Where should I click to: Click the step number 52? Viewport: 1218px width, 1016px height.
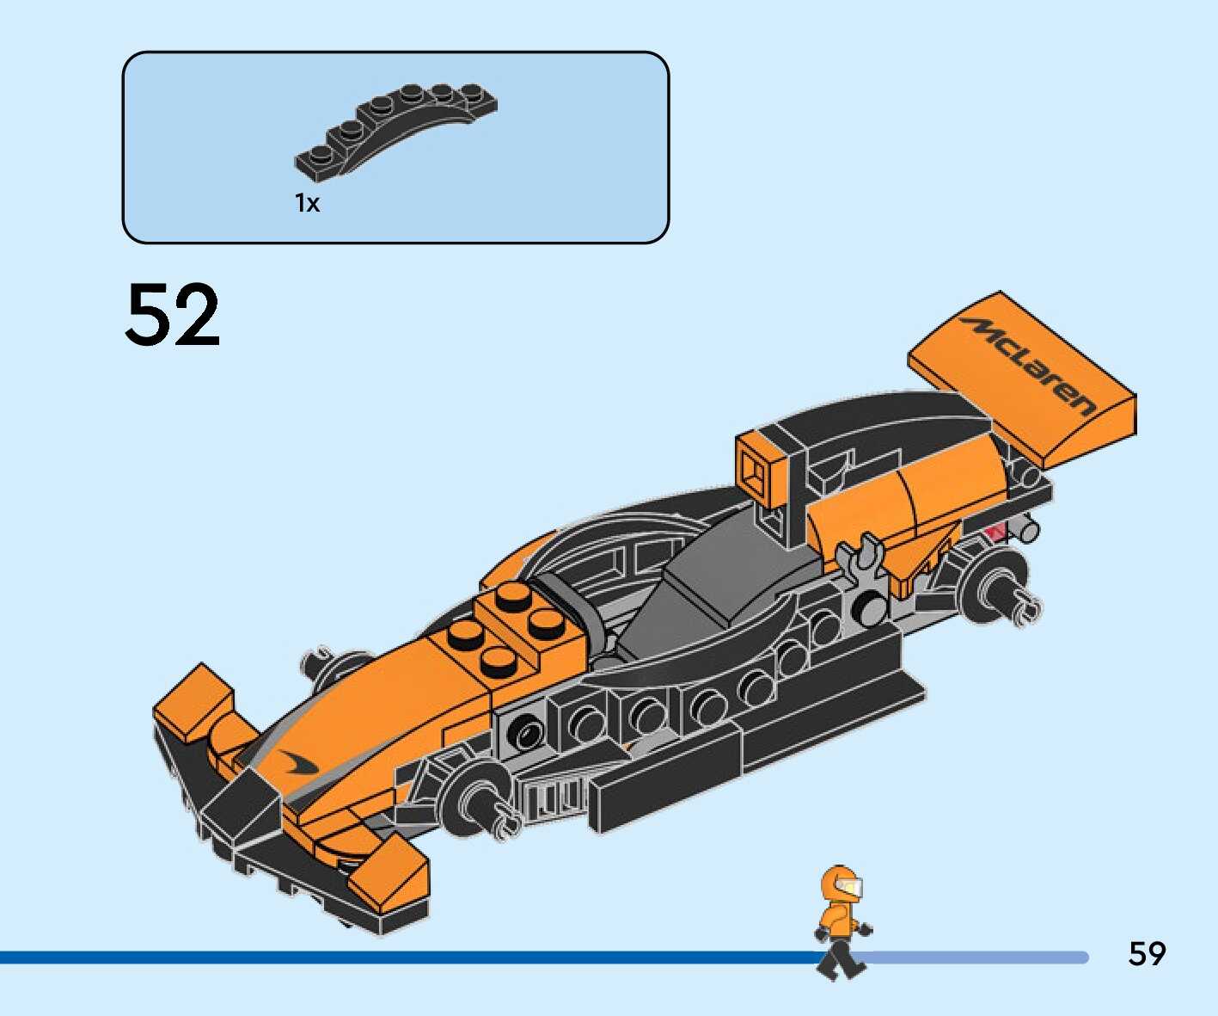click(x=173, y=315)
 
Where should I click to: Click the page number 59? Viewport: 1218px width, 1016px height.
click(x=1147, y=954)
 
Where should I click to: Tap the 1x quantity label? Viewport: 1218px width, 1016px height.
click(x=307, y=204)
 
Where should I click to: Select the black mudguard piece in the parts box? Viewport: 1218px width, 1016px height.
click(x=395, y=129)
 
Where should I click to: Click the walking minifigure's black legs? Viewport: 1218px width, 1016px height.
click(x=839, y=957)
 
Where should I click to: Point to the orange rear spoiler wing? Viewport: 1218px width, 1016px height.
click(x=1023, y=379)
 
